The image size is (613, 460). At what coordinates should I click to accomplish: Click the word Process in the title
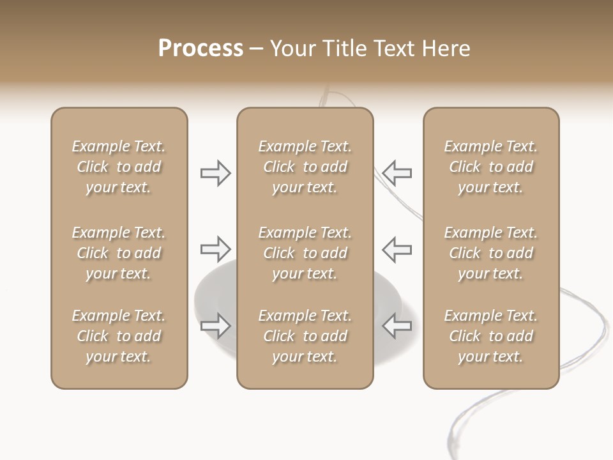(201, 49)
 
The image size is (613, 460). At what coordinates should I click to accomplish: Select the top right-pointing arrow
(215, 173)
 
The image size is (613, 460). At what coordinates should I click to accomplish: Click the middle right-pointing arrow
(215, 249)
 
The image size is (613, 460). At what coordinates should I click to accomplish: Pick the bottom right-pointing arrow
(215, 325)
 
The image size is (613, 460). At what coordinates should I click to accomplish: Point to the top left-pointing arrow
(397, 173)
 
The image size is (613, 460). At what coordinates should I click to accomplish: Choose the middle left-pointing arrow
(397, 249)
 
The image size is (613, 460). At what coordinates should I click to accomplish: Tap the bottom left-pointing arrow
(397, 325)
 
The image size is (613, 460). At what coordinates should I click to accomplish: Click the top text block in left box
(119, 167)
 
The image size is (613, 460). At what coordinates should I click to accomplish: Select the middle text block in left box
(119, 253)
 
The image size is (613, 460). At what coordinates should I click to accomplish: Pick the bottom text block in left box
(119, 336)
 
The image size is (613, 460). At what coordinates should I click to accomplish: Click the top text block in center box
(305, 167)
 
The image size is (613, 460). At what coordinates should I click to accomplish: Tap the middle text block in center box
(305, 253)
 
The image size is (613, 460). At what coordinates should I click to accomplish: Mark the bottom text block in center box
(305, 336)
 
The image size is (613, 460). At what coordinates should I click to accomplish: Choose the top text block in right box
(490, 167)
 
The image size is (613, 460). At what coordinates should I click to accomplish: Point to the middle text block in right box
(490, 253)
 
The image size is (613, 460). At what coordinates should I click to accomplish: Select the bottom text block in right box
(490, 336)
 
